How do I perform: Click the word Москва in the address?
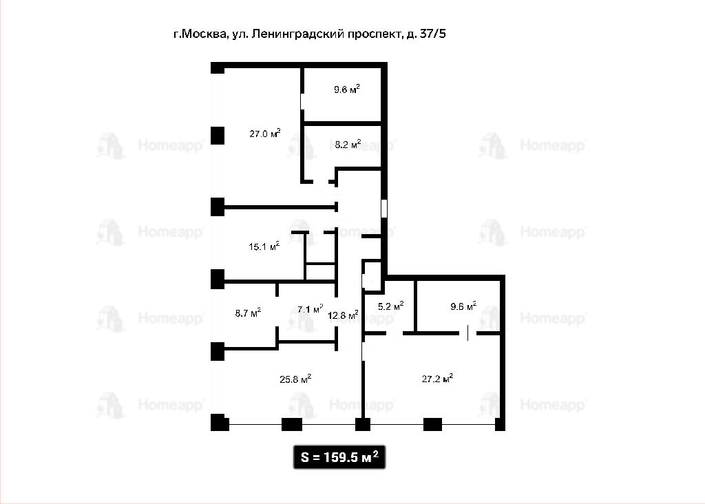[205, 34]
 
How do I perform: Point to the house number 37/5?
[432, 34]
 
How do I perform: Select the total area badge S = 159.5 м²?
[339, 456]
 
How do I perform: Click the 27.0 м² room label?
[265, 134]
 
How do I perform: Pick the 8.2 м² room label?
[348, 145]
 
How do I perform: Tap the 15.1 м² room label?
[264, 246]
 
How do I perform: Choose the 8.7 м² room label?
[248, 313]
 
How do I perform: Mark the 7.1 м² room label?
[311, 309]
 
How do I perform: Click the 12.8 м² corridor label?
[343, 315]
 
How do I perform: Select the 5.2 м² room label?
[391, 306]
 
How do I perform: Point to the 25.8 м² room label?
[295, 379]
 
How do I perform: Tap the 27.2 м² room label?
[437, 379]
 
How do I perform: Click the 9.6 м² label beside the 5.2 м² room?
[463, 306]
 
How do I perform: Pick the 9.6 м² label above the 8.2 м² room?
[347, 89]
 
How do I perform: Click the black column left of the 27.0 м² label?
[218, 136]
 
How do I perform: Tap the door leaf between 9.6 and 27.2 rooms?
[467, 333]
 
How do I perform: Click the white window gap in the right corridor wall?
[384, 209]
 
